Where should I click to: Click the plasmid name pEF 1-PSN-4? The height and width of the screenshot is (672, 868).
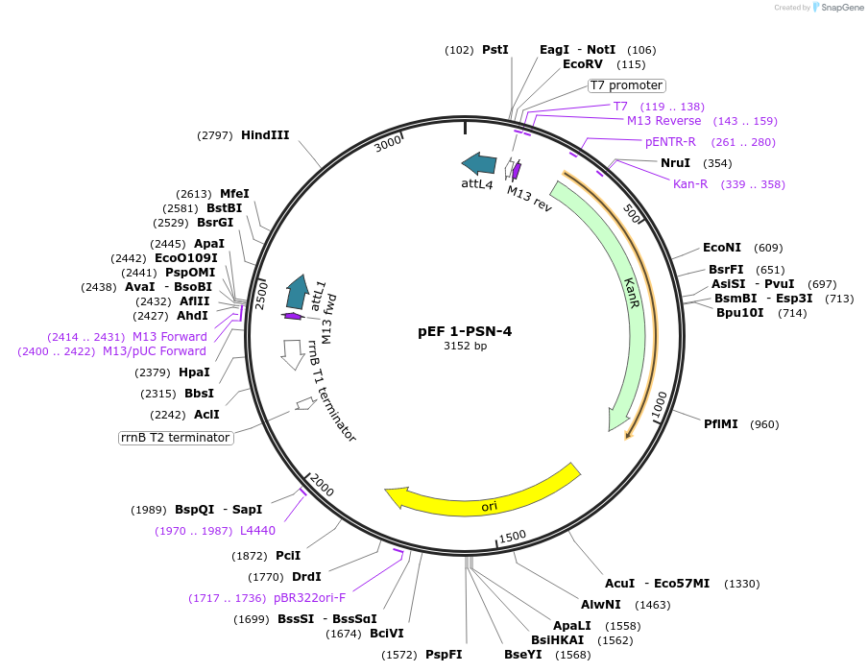pos(465,331)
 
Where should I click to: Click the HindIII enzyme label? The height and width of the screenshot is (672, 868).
pos(265,135)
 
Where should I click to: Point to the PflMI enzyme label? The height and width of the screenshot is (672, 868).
pos(721,423)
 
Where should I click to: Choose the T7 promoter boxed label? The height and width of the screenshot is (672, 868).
pos(626,85)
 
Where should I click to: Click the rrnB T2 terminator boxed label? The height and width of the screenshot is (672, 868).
pos(176,438)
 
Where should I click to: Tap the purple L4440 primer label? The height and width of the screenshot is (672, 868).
pos(257,531)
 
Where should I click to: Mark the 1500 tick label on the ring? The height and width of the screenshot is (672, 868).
pos(513,536)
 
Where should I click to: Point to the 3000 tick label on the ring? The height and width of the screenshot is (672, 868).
pos(389,143)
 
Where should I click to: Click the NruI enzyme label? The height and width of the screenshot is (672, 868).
pos(675,163)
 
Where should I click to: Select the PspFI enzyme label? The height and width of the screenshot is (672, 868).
pos(444,655)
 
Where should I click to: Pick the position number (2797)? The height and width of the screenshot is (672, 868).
pos(215,135)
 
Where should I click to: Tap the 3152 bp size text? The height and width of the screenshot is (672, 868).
pos(465,347)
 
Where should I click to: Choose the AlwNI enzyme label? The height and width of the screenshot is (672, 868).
pos(601,605)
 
